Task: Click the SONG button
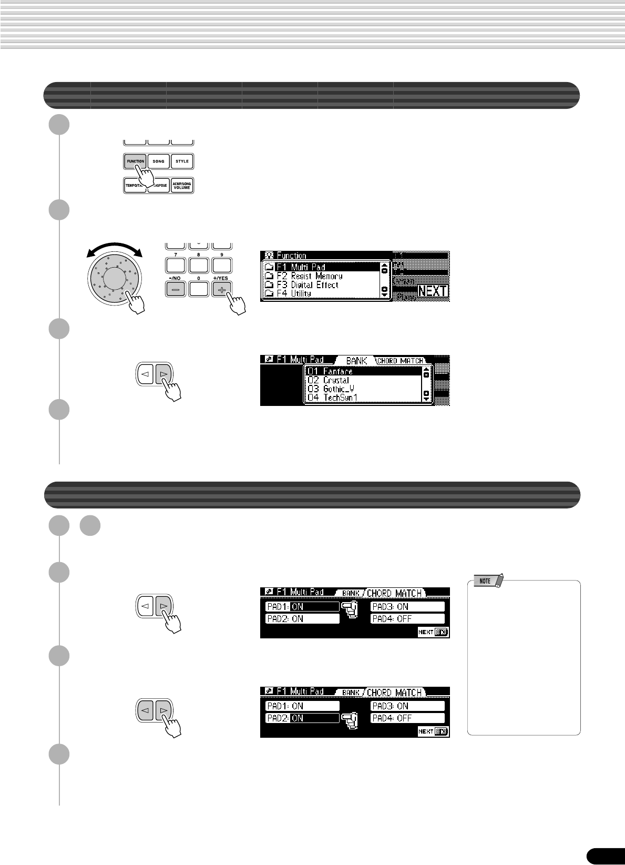(158, 161)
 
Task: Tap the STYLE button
(182, 161)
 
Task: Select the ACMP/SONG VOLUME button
(182, 185)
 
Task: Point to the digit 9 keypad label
(222, 254)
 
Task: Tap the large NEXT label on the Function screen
(433, 291)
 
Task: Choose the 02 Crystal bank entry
(329, 380)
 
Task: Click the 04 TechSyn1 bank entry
(332, 398)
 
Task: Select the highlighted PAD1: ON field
(302, 607)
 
